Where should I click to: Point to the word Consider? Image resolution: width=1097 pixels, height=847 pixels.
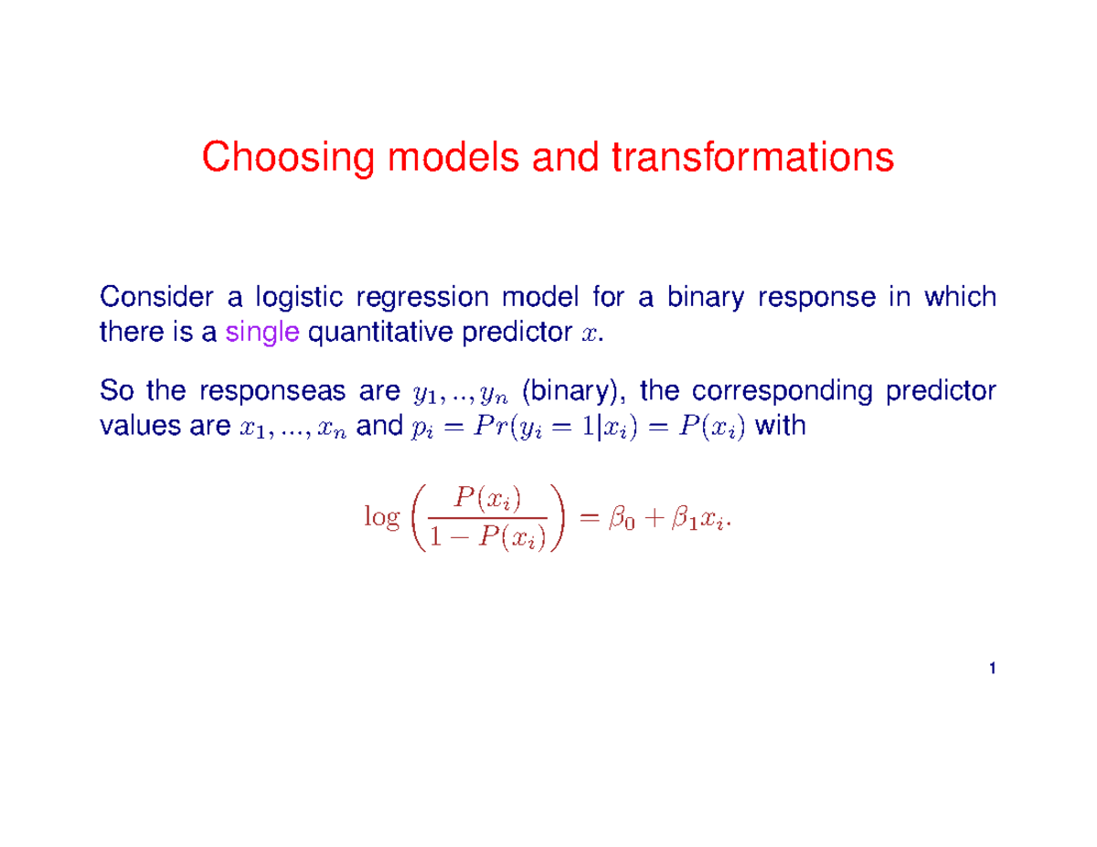pyautogui.click(x=149, y=298)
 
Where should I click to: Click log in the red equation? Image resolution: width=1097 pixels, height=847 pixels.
pyautogui.click(x=381, y=518)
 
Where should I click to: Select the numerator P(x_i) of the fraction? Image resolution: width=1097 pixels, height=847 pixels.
pyautogui.click(x=485, y=499)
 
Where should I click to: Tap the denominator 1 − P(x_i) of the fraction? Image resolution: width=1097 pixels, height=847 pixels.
pyautogui.click(x=485, y=539)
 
